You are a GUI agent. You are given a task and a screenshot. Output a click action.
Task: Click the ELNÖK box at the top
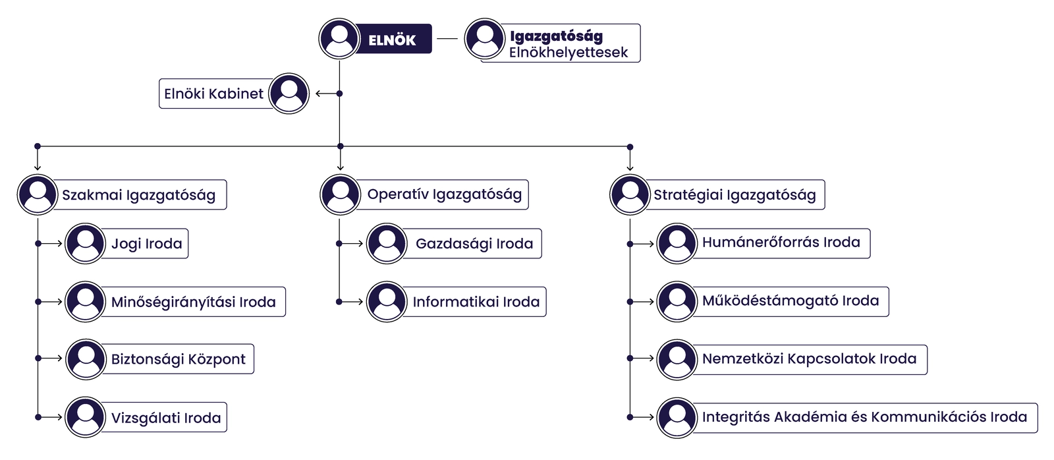[392, 40]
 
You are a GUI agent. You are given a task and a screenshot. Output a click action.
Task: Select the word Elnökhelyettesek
[568, 53]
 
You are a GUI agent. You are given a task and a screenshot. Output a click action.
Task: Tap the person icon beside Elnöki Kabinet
[289, 94]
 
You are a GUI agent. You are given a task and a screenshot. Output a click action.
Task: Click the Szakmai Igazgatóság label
[138, 195]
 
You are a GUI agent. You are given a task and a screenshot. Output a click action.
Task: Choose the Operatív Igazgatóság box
[444, 194]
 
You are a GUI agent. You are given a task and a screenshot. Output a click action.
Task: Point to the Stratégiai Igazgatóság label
[734, 195]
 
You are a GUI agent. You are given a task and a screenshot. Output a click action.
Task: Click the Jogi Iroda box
[146, 244]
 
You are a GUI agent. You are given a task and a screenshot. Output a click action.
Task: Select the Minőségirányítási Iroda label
[193, 302]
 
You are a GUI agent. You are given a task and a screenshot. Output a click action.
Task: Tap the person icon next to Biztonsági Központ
[86, 359]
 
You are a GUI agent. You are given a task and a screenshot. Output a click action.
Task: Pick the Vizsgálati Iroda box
[165, 418]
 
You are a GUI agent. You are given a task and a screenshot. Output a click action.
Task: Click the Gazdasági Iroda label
[474, 244]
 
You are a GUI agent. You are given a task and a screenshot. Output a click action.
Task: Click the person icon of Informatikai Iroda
[387, 302]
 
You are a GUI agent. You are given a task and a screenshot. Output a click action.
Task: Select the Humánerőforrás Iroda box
[781, 243]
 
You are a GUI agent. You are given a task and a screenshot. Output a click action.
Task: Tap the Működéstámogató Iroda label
[790, 301]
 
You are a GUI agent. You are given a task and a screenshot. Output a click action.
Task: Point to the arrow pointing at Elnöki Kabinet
[324, 94]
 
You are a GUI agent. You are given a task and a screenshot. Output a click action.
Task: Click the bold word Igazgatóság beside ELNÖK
[556, 37]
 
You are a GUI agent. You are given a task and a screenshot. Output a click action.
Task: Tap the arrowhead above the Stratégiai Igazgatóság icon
[630, 167]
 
